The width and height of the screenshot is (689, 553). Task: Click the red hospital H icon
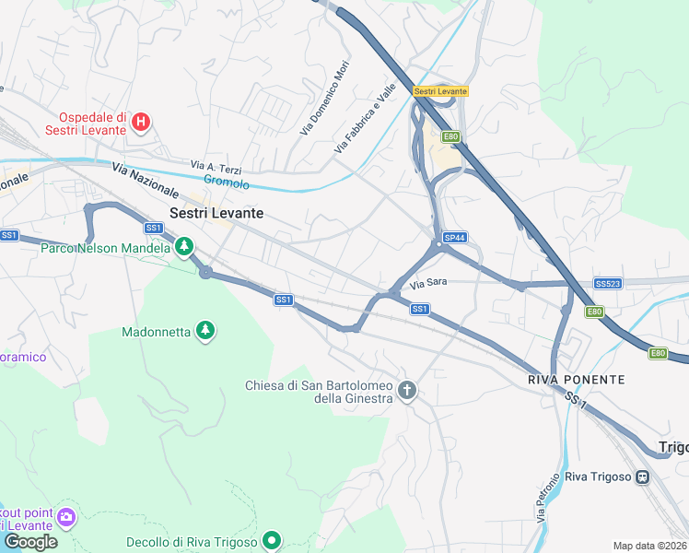[x=141, y=122]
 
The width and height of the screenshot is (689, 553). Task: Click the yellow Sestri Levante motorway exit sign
[x=440, y=91]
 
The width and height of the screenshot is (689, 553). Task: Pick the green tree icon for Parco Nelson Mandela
[x=185, y=246]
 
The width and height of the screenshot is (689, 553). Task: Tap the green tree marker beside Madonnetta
[x=205, y=331]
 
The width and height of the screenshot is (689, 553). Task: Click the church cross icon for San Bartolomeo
[x=407, y=392]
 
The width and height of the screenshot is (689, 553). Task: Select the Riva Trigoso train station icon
[x=642, y=477]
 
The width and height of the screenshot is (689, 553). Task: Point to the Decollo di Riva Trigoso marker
[x=271, y=540]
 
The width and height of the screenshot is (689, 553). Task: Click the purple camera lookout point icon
[x=64, y=517]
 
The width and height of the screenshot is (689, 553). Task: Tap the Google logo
[x=30, y=542]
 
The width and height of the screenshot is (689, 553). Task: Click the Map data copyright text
[x=649, y=546]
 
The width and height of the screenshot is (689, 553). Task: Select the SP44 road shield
[x=454, y=237]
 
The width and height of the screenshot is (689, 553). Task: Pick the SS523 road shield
[x=606, y=284]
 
